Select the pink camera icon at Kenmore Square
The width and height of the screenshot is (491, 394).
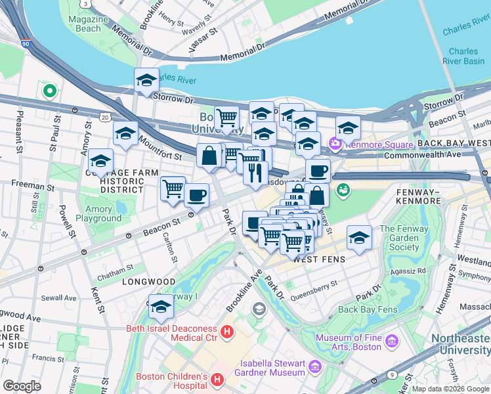pyautogui.click(x=336, y=142)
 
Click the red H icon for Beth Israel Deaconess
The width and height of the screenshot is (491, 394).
pyautogui.click(x=227, y=333)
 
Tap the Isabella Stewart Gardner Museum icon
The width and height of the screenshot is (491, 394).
pyautogui.click(x=314, y=364)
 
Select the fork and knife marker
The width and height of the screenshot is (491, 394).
pyautogui.click(x=255, y=173)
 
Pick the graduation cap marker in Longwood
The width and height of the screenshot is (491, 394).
pyautogui.click(x=161, y=307)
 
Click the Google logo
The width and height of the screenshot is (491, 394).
pyautogui.click(x=22, y=386)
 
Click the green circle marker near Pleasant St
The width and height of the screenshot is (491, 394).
pyautogui.click(x=48, y=91)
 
